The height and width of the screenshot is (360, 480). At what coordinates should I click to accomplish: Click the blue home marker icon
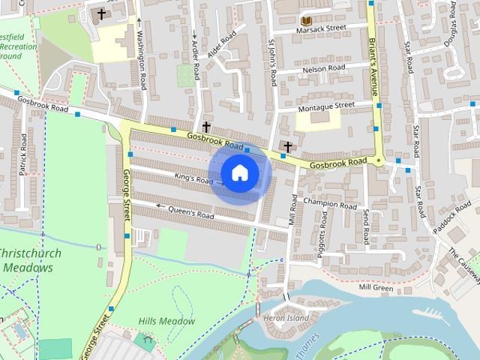[x=239, y=173]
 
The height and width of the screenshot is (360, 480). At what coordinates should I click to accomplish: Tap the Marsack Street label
[x=322, y=29]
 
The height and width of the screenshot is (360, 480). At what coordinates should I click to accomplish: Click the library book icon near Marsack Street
[x=305, y=20]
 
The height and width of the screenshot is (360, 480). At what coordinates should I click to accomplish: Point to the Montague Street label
[x=325, y=106]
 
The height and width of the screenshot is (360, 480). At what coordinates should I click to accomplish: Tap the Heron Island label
[x=287, y=318]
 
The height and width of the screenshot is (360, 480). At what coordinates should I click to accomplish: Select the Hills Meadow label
[x=166, y=321]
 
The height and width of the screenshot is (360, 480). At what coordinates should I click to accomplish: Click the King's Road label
[x=194, y=179]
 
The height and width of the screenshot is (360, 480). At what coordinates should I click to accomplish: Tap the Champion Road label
[x=330, y=204]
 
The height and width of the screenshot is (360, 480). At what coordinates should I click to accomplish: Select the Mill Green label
[x=376, y=287]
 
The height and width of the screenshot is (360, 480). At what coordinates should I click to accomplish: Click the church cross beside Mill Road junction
[x=287, y=145]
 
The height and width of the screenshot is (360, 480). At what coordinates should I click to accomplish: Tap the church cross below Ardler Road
[x=206, y=127]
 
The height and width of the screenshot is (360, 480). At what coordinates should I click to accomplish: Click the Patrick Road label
[x=23, y=154]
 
